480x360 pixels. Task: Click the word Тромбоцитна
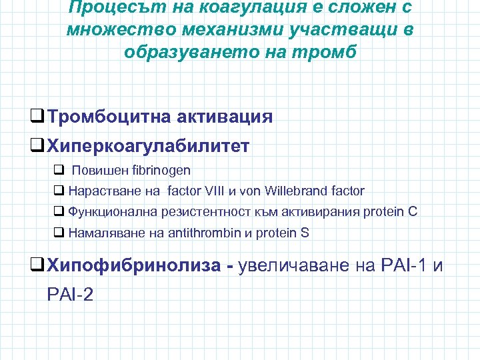[109, 117]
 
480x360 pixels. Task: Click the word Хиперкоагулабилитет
[149, 145]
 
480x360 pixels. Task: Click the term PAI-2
[70, 294]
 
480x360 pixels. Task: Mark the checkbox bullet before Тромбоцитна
[39, 117]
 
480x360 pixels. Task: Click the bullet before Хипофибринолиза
[39, 266]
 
